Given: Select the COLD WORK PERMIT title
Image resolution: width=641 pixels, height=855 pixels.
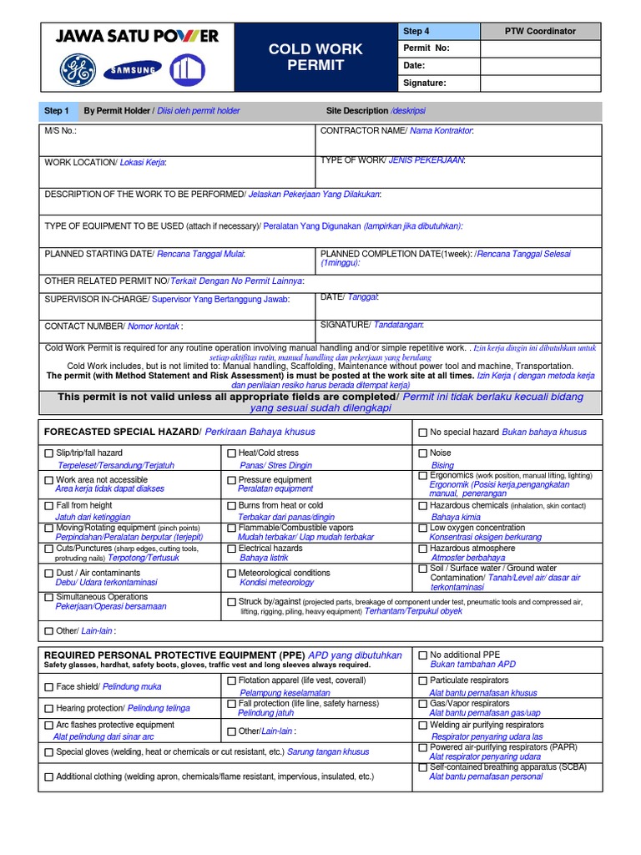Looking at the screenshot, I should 315,57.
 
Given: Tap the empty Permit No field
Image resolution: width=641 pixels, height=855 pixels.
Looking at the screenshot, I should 540,48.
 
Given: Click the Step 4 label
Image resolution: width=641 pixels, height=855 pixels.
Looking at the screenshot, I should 416,31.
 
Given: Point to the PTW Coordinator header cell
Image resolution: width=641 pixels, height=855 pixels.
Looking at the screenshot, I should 540,31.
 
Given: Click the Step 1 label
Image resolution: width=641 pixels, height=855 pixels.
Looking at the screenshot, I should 57,111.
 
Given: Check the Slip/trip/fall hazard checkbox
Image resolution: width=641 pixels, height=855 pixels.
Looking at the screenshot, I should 48,453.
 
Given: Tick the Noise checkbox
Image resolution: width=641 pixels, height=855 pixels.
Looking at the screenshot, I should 422,453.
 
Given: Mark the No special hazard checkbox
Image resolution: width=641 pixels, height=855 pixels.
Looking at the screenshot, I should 422,433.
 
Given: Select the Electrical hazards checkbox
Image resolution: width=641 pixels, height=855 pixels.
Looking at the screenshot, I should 232,549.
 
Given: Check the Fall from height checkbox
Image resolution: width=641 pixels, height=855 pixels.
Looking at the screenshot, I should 48,506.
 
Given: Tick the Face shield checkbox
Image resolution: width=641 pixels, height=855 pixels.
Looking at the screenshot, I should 48,686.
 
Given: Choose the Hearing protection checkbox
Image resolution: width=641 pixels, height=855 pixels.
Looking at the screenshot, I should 48,708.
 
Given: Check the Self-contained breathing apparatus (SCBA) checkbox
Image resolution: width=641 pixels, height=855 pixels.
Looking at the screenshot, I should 422,766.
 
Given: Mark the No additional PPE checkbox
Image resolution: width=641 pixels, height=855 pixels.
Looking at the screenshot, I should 422,655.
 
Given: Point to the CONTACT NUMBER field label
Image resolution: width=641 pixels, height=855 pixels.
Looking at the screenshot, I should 83,326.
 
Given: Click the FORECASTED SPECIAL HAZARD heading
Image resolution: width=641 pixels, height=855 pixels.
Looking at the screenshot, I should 122,431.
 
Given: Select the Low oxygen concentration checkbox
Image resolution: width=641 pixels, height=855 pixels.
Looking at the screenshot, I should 422,528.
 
